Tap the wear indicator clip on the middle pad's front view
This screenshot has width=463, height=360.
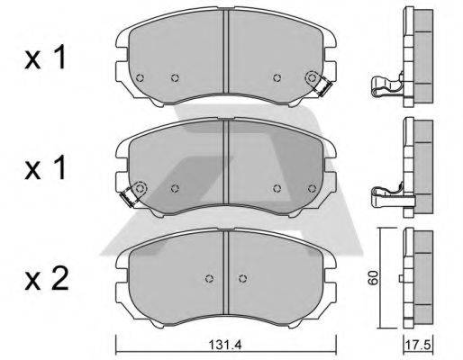coord(135,192)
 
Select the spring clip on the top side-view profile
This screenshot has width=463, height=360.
coord(384,86)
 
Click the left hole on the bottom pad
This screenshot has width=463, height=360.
coord(208,277)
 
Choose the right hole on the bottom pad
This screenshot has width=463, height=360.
coord(240,277)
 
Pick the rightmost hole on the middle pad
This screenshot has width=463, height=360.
coord(311,188)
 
